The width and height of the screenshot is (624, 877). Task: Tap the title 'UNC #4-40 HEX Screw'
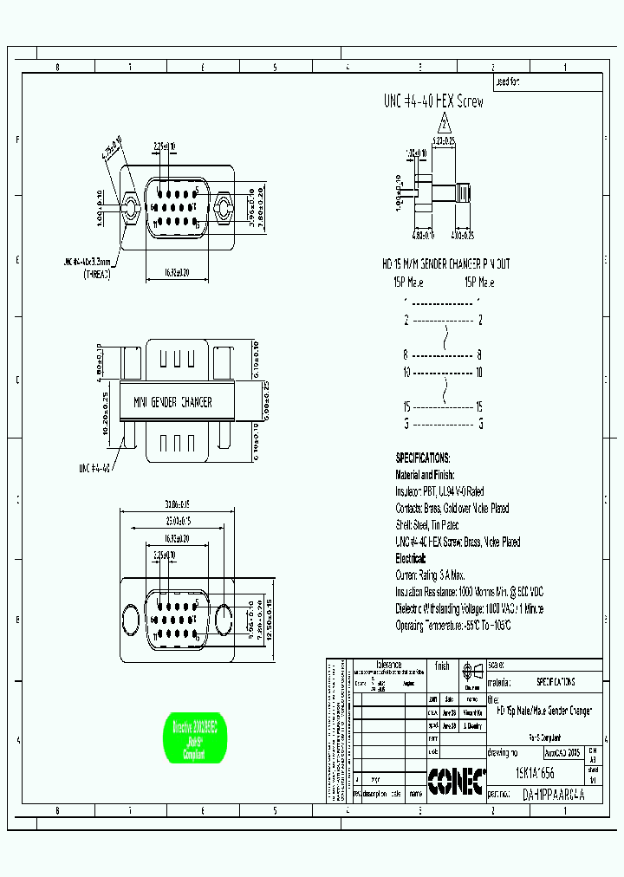pos(433,101)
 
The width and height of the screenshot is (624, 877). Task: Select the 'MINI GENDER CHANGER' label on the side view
pos(172,402)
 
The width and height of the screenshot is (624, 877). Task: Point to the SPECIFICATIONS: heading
pos(422,457)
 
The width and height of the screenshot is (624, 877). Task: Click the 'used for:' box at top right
pos(546,82)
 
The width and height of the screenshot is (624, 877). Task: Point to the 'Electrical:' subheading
pos(411,559)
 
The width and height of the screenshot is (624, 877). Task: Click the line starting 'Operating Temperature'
pos(453,625)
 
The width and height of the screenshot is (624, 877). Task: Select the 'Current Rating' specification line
pos(430,575)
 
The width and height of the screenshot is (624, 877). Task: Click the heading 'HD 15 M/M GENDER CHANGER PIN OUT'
pos(446,263)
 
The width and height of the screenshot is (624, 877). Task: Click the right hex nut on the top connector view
pos(224,207)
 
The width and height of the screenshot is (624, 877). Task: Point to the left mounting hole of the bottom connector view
pos(131,620)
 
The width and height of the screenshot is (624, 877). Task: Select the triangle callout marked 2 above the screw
pos(443,122)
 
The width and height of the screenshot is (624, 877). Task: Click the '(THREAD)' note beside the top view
pos(97,274)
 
